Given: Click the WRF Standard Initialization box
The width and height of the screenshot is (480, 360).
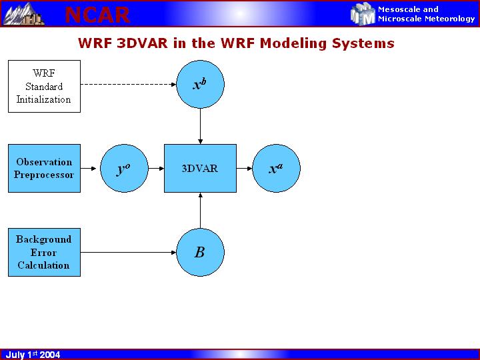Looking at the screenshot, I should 44,86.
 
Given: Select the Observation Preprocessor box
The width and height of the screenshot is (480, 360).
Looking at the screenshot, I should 44,168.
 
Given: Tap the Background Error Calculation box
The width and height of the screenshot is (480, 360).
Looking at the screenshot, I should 44,252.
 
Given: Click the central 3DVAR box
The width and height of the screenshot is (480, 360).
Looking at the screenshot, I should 200,168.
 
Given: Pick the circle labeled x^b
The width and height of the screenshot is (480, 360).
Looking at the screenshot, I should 200,85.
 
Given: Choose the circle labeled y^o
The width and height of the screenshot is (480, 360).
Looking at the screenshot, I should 123,168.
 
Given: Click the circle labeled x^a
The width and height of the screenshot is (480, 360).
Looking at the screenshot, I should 276,168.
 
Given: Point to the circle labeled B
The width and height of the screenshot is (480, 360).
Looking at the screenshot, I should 200,252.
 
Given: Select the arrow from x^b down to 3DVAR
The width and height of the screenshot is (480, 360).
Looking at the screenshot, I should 200,126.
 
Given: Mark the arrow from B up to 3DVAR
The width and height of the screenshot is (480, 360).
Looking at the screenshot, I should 200,210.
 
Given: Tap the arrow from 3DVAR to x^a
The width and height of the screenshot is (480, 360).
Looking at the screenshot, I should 244,168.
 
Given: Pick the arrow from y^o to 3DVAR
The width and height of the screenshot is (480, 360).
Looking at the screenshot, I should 156,168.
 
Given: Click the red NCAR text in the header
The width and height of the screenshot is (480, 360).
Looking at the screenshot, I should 97,14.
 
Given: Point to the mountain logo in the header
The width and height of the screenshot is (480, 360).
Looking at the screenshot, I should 23,13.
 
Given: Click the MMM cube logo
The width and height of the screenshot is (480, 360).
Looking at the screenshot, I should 363,14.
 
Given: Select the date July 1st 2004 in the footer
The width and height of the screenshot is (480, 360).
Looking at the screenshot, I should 33,355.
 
